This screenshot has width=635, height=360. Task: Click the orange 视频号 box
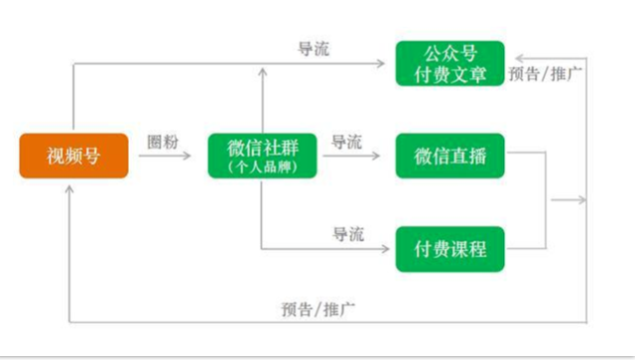tap(73, 156)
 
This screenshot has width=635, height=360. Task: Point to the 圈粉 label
tap(163, 141)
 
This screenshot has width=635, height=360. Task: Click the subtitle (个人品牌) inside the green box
tap(263, 168)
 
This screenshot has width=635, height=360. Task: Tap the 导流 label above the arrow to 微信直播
tap(346, 141)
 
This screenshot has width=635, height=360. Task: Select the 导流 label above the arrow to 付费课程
tap(346, 234)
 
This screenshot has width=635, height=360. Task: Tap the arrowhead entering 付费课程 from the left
tap(390, 249)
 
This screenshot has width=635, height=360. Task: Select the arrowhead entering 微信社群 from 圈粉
tap(198, 156)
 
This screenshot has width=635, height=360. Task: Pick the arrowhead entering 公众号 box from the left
tap(389, 63)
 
